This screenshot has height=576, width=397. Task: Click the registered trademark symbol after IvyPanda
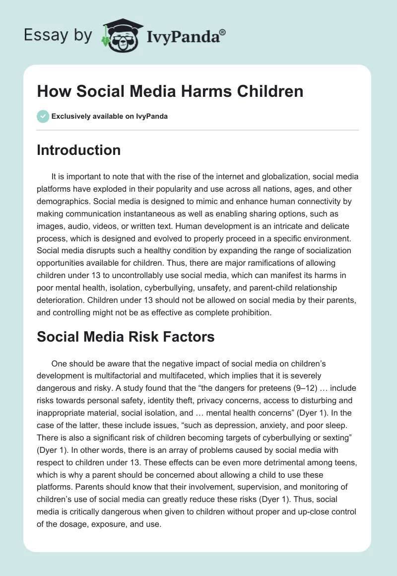coord(223,32)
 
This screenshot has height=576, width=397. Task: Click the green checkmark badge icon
coord(43,116)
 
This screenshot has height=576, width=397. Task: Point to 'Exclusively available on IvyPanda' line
coord(110,116)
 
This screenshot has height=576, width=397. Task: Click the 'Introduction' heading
coord(78,150)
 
